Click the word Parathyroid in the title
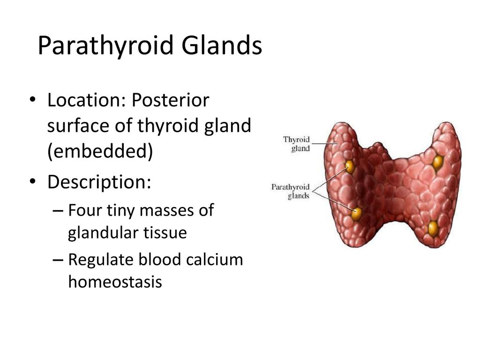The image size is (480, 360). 105,46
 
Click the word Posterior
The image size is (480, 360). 171,100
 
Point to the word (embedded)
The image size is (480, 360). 100,151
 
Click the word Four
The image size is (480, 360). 85,210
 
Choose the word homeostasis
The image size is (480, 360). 115,282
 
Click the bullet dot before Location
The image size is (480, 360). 32,100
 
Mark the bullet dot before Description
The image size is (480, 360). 32,181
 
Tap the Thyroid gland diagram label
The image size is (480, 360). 296,144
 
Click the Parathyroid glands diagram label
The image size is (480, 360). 290,191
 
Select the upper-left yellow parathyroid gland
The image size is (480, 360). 349,166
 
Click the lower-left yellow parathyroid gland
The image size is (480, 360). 356,214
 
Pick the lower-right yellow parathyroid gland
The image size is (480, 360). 433,228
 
